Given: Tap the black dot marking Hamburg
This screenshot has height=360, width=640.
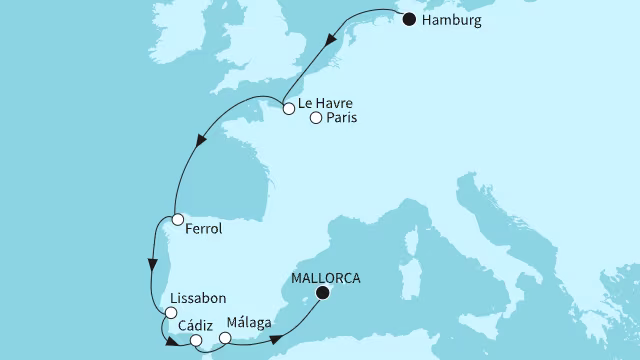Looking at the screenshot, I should point(408,18).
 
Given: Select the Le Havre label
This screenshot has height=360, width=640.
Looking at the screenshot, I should point(327,102).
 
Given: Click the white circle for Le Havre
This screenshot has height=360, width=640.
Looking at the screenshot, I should point(288,109).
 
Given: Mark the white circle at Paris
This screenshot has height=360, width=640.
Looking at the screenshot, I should point(316,119).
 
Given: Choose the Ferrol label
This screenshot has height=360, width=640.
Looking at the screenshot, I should point(204,229).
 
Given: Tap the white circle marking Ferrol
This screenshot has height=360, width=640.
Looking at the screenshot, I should point(176,219).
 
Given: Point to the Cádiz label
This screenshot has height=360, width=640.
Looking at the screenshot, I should point(195,325).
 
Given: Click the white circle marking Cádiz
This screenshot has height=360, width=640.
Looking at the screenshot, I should point(196,341).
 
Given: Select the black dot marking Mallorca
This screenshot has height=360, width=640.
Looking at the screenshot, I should point(321,293).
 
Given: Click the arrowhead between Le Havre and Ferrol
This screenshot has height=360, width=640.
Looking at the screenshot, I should point(202,142).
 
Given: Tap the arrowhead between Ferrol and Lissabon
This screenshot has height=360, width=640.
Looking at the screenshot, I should point(152,266).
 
